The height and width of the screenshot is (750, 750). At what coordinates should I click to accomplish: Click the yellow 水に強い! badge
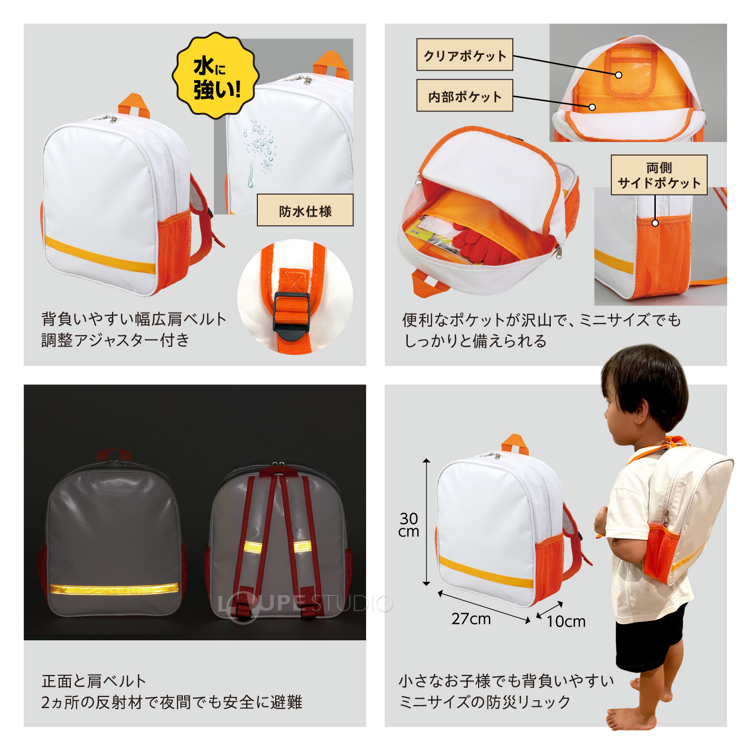216,75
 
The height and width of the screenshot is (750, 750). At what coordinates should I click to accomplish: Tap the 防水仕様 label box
305,210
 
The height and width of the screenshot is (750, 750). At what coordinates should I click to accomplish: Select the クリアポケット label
465,55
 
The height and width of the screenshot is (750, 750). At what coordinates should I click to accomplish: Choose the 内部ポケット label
465,96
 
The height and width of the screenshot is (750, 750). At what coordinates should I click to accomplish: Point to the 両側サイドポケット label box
659,175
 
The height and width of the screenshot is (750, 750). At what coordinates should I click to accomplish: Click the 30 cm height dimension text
408,525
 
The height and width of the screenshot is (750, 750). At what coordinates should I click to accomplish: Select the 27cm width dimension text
471,619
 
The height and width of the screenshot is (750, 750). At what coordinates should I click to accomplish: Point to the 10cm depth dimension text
566,622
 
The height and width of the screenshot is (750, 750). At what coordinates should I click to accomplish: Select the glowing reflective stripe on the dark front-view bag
114,589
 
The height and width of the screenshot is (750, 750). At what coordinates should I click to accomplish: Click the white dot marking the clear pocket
618,75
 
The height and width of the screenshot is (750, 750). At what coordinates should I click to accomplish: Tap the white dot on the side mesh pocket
655,223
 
